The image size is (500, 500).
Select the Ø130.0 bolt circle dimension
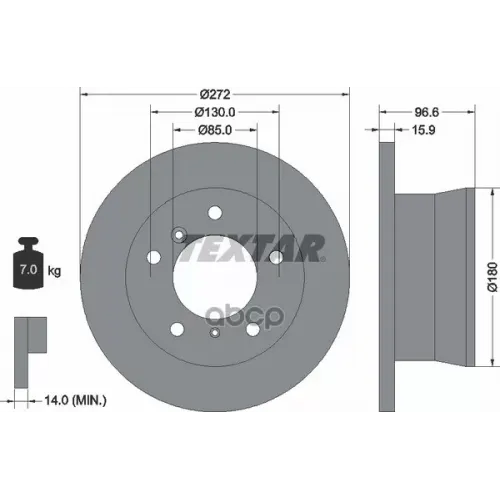pos(213,110)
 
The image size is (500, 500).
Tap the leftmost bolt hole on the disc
pos(153,259)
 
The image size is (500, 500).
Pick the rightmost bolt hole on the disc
pos(274,258)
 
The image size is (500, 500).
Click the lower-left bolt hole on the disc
pos(176,328)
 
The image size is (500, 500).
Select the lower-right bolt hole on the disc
pos(252,328)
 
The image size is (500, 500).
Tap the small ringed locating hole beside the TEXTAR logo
pos(178,234)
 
